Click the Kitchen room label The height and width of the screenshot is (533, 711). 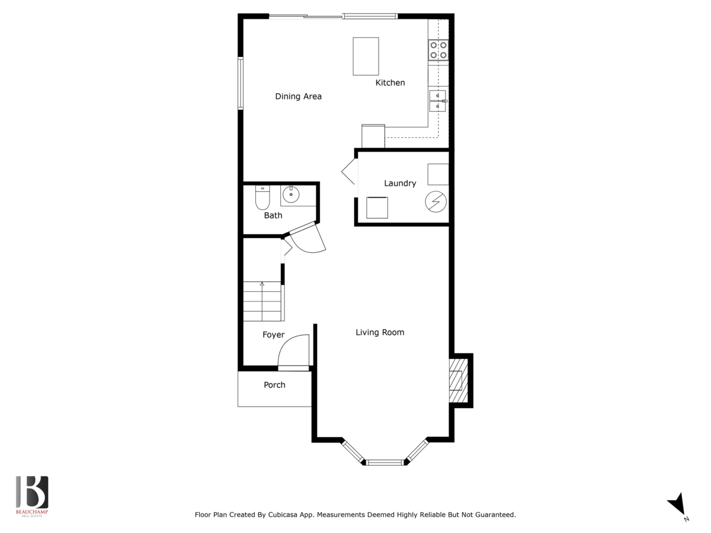(390, 83)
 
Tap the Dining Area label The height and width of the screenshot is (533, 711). (299, 97)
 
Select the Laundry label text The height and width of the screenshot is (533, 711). (400, 184)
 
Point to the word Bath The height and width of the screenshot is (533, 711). (273, 215)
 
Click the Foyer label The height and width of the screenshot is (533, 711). (273, 335)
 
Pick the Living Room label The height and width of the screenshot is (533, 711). (380, 332)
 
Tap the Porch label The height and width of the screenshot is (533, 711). (274, 385)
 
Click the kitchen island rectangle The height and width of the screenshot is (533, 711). (366, 56)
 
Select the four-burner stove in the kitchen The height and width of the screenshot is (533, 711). (438, 50)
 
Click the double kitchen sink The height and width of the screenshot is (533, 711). (438, 101)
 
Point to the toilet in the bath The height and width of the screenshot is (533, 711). (262, 197)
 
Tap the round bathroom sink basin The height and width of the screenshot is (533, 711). (291, 194)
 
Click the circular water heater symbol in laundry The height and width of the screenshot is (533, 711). (435, 201)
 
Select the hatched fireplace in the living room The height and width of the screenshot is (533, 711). (459, 381)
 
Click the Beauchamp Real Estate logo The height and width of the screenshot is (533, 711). (32, 496)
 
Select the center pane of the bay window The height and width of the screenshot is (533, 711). (385, 463)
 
